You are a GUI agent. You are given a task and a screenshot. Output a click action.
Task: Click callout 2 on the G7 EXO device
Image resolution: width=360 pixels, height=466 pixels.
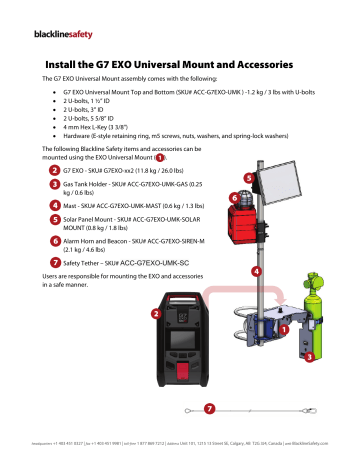156,313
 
